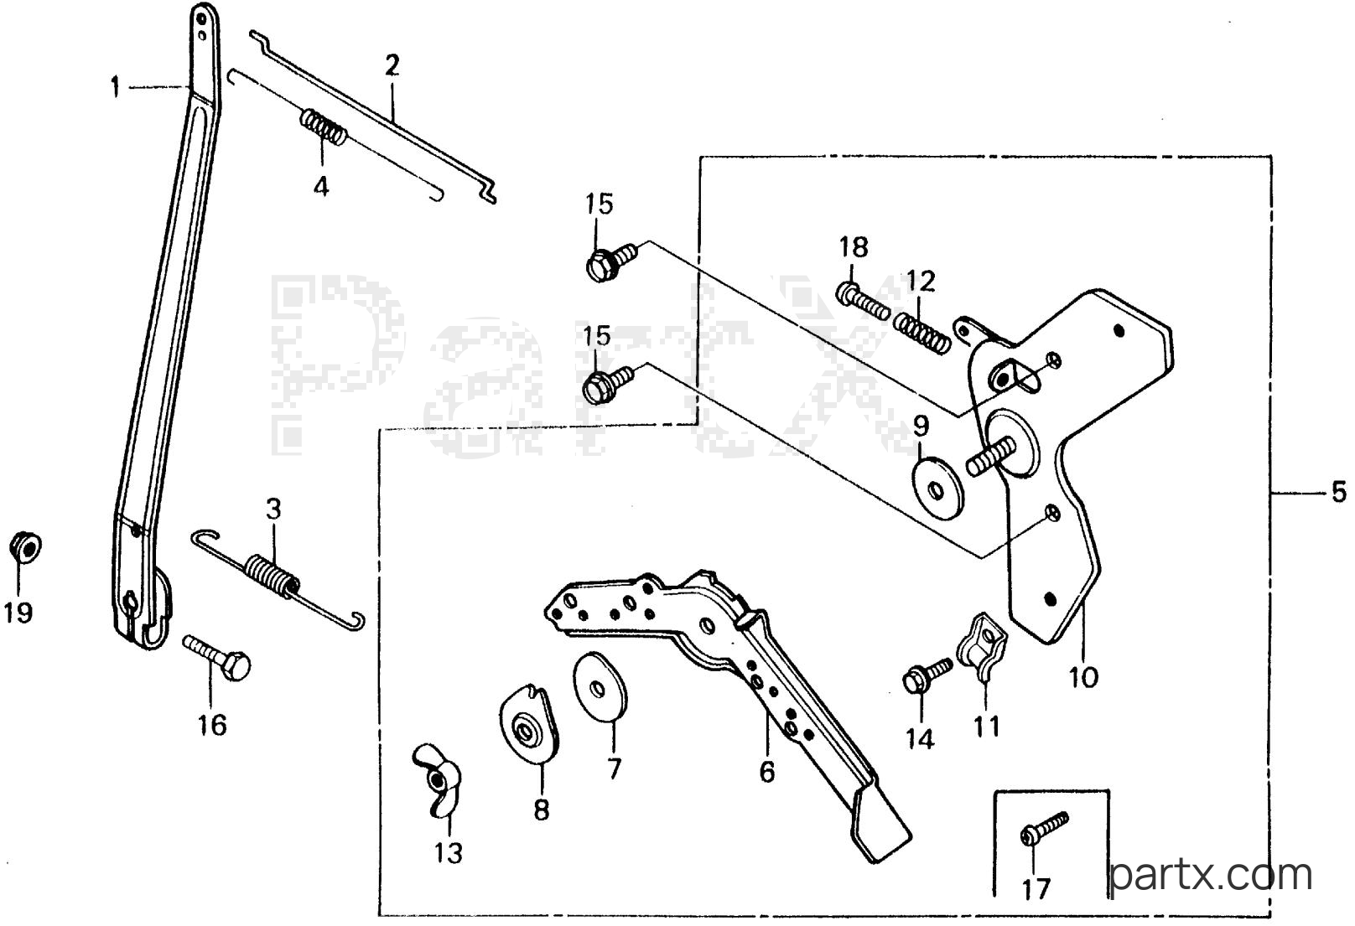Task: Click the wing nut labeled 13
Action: pos(437,780)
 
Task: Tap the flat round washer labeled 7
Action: pos(600,686)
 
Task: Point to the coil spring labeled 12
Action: pos(922,334)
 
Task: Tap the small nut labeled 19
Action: pos(25,547)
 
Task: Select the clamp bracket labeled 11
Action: pos(980,647)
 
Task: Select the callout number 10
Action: pos(1083,678)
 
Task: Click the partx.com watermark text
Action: pos(1211,875)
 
